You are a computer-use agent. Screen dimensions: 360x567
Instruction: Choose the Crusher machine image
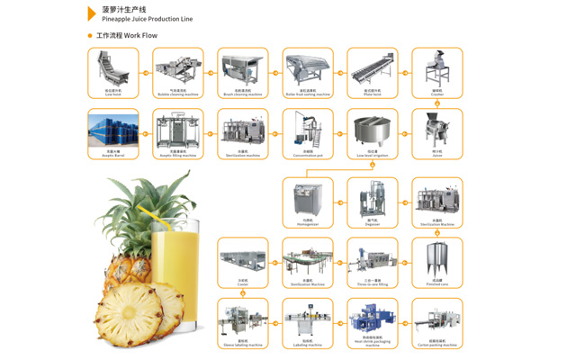tap(437, 67)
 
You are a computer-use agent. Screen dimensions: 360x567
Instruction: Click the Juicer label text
tap(437, 155)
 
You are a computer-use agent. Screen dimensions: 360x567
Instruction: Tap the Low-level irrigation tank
tap(373, 130)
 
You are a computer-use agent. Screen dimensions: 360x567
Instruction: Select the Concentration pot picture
tap(308, 130)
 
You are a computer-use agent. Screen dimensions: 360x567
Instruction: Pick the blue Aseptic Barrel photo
tap(113, 130)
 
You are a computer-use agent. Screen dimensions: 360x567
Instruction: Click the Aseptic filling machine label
tap(178, 155)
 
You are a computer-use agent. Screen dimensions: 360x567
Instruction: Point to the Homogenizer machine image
tap(308, 198)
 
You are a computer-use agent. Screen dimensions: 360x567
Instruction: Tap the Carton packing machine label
tap(437, 345)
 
